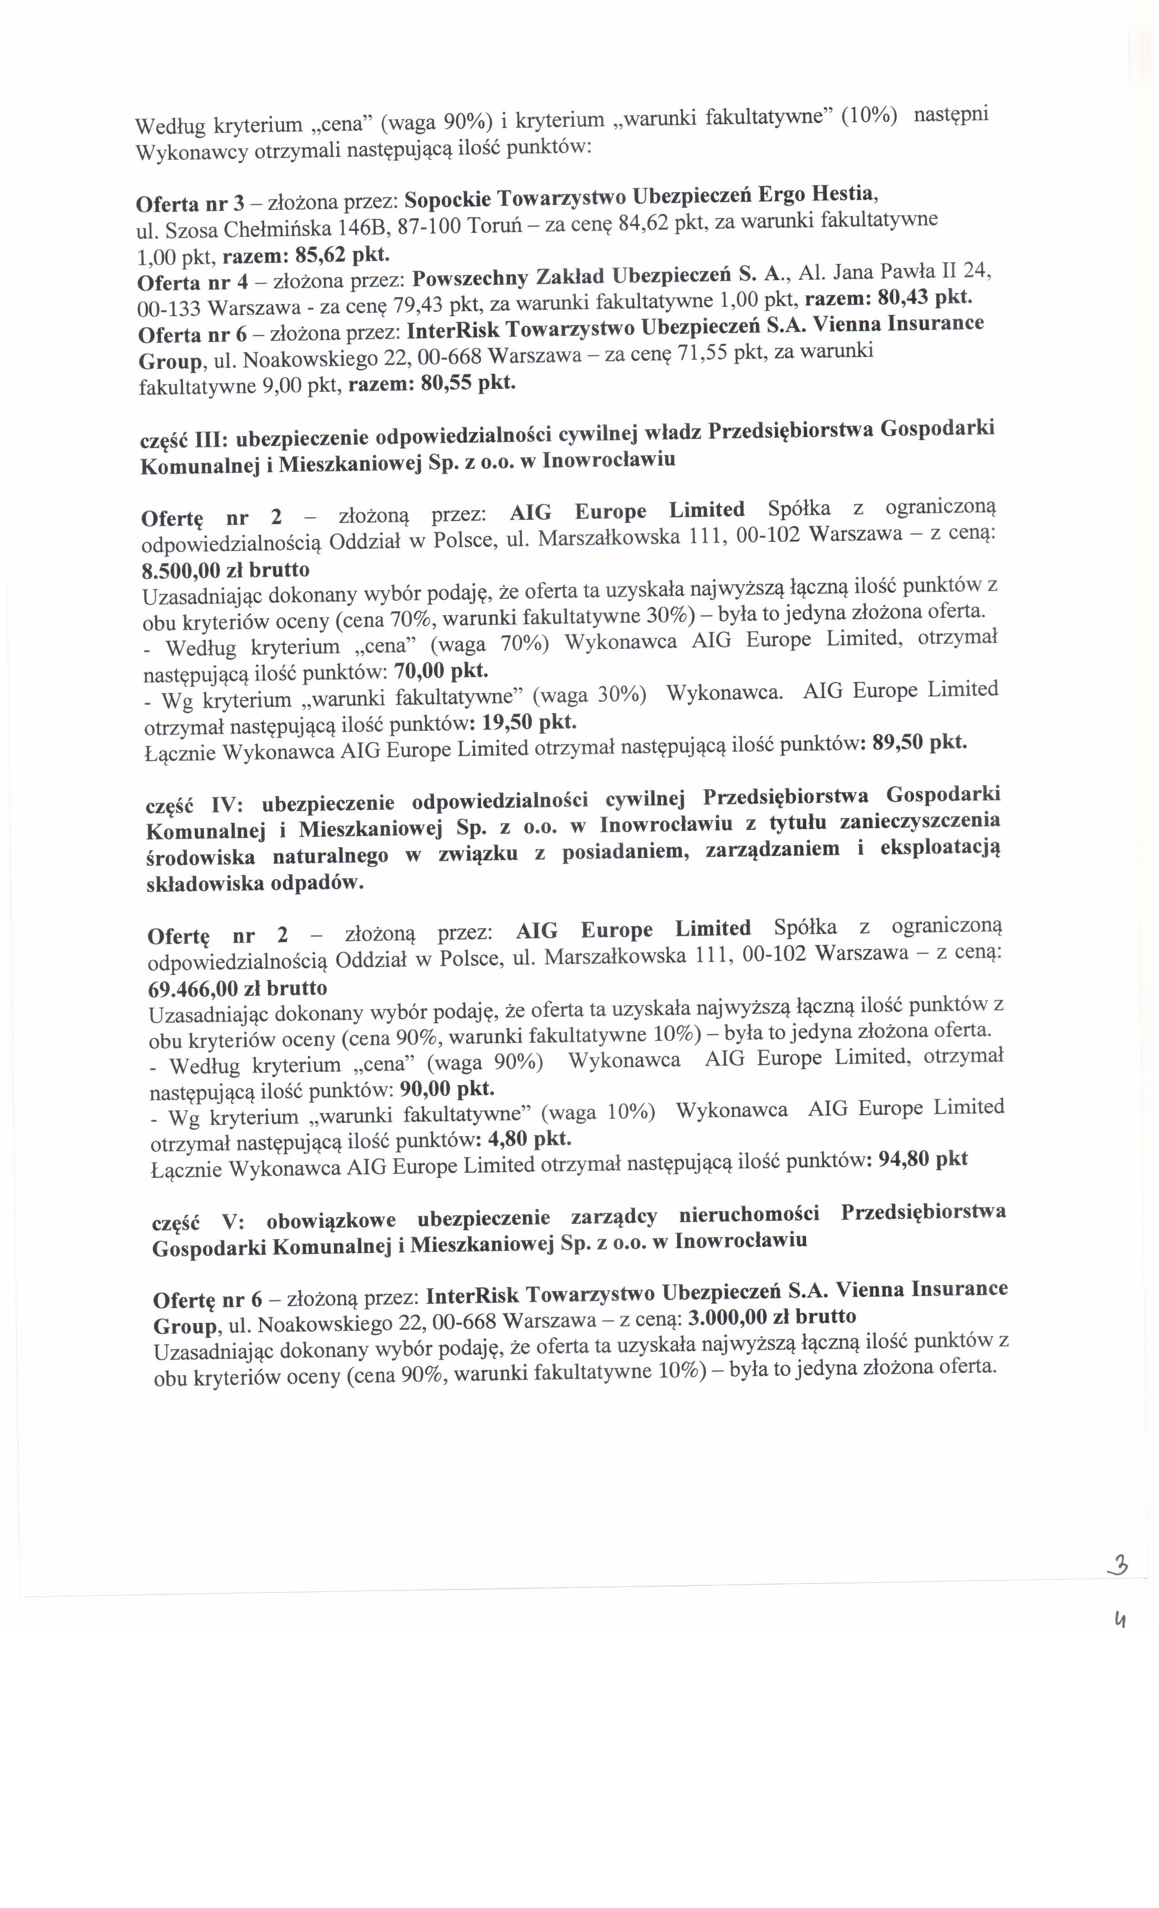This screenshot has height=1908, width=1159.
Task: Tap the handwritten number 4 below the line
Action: (1119, 1617)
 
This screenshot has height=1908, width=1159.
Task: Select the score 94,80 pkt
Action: (924, 1159)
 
